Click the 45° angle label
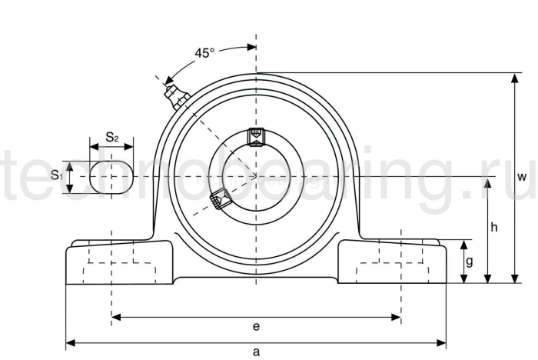click(x=204, y=53)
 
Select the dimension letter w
click(x=522, y=177)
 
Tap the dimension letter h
click(x=494, y=227)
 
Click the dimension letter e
click(x=256, y=326)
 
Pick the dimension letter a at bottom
click(x=256, y=352)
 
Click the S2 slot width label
click(x=112, y=138)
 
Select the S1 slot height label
click(x=57, y=175)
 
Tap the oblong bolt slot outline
click(x=111, y=176)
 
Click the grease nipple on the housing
click(x=176, y=96)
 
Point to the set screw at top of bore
click(x=255, y=136)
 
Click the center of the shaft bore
click(x=255, y=176)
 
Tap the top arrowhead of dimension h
click(x=487, y=182)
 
